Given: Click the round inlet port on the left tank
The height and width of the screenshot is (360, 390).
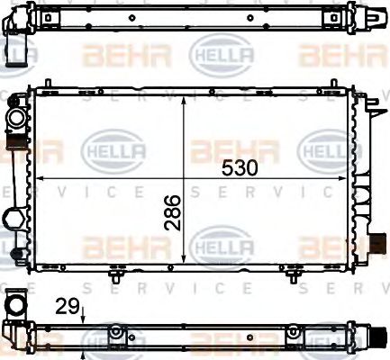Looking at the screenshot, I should click(x=15, y=118).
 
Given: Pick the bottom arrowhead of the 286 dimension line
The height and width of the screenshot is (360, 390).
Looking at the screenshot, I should click(x=184, y=265).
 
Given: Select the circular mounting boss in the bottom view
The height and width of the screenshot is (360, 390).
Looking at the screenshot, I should click(x=115, y=334).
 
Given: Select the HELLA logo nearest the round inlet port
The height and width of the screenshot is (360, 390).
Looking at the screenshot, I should click(x=106, y=148).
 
